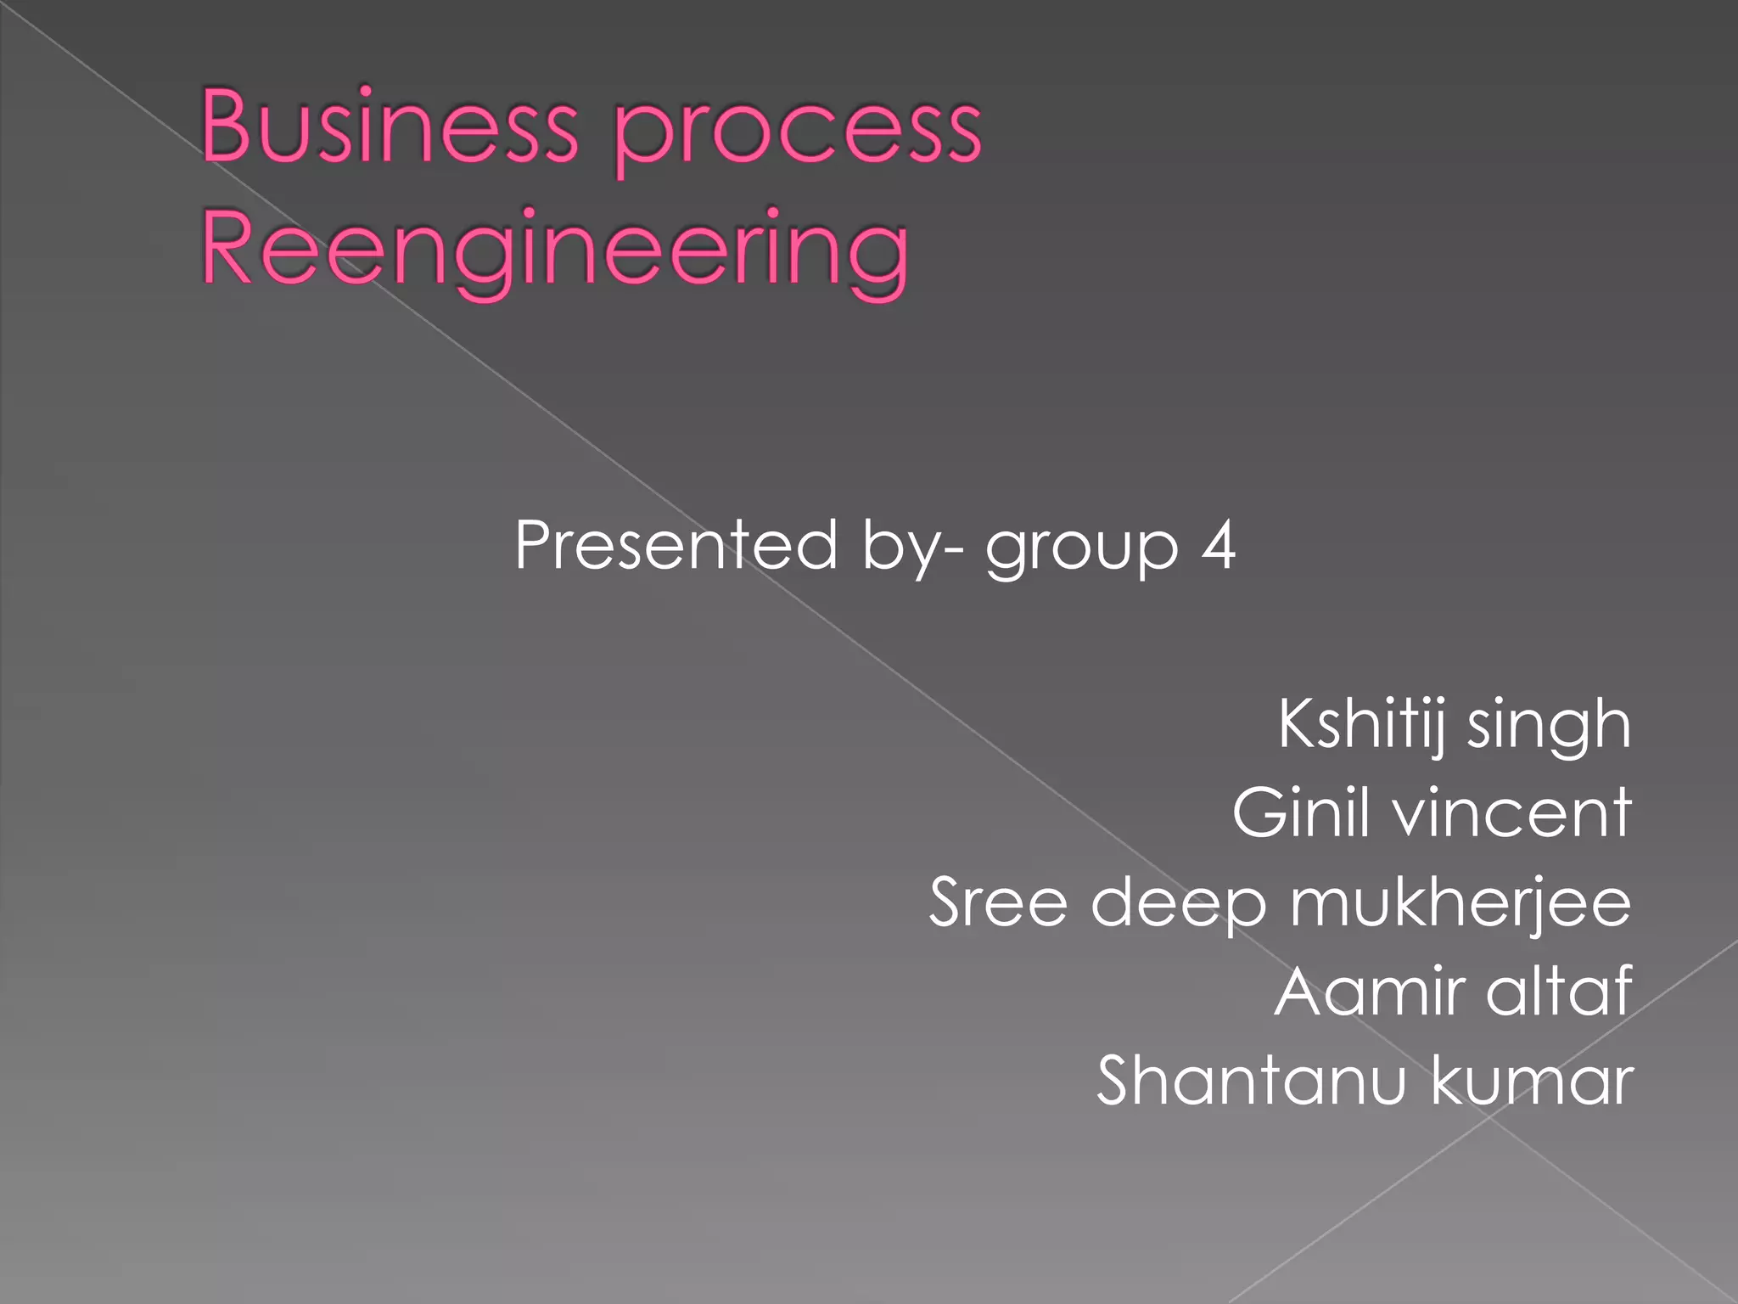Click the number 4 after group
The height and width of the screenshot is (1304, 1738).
tap(1218, 544)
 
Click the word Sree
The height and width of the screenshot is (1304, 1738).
tap(998, 902)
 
